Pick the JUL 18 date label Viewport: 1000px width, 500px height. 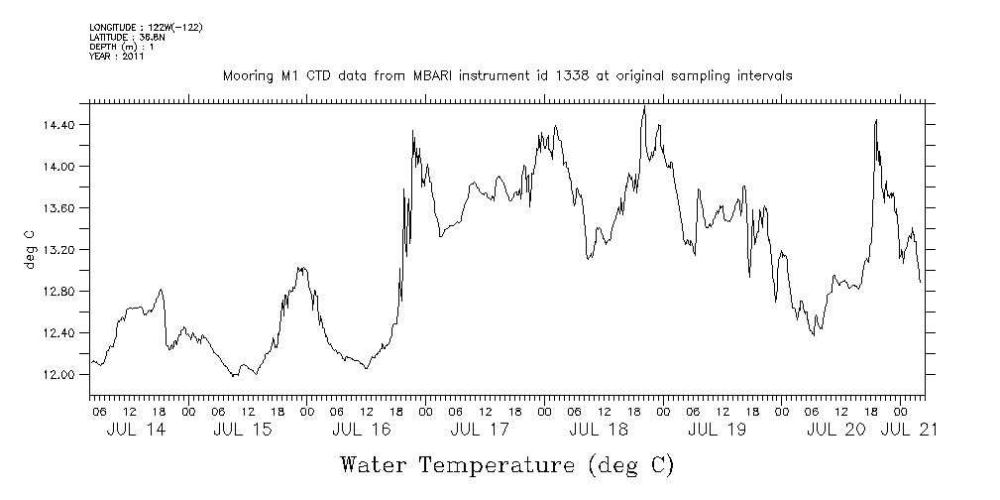pyautogui.click(x=598, y=431)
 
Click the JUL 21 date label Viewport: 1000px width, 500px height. pyautogui.click(x=910, y=431)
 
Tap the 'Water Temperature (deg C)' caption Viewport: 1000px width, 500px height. pyautogui.click(x=507, y=464)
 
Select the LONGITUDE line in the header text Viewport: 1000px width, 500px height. pyautogui.click(x=146, y=27)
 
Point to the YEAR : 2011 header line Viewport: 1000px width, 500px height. pyautogui.click(x=117, y=57)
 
